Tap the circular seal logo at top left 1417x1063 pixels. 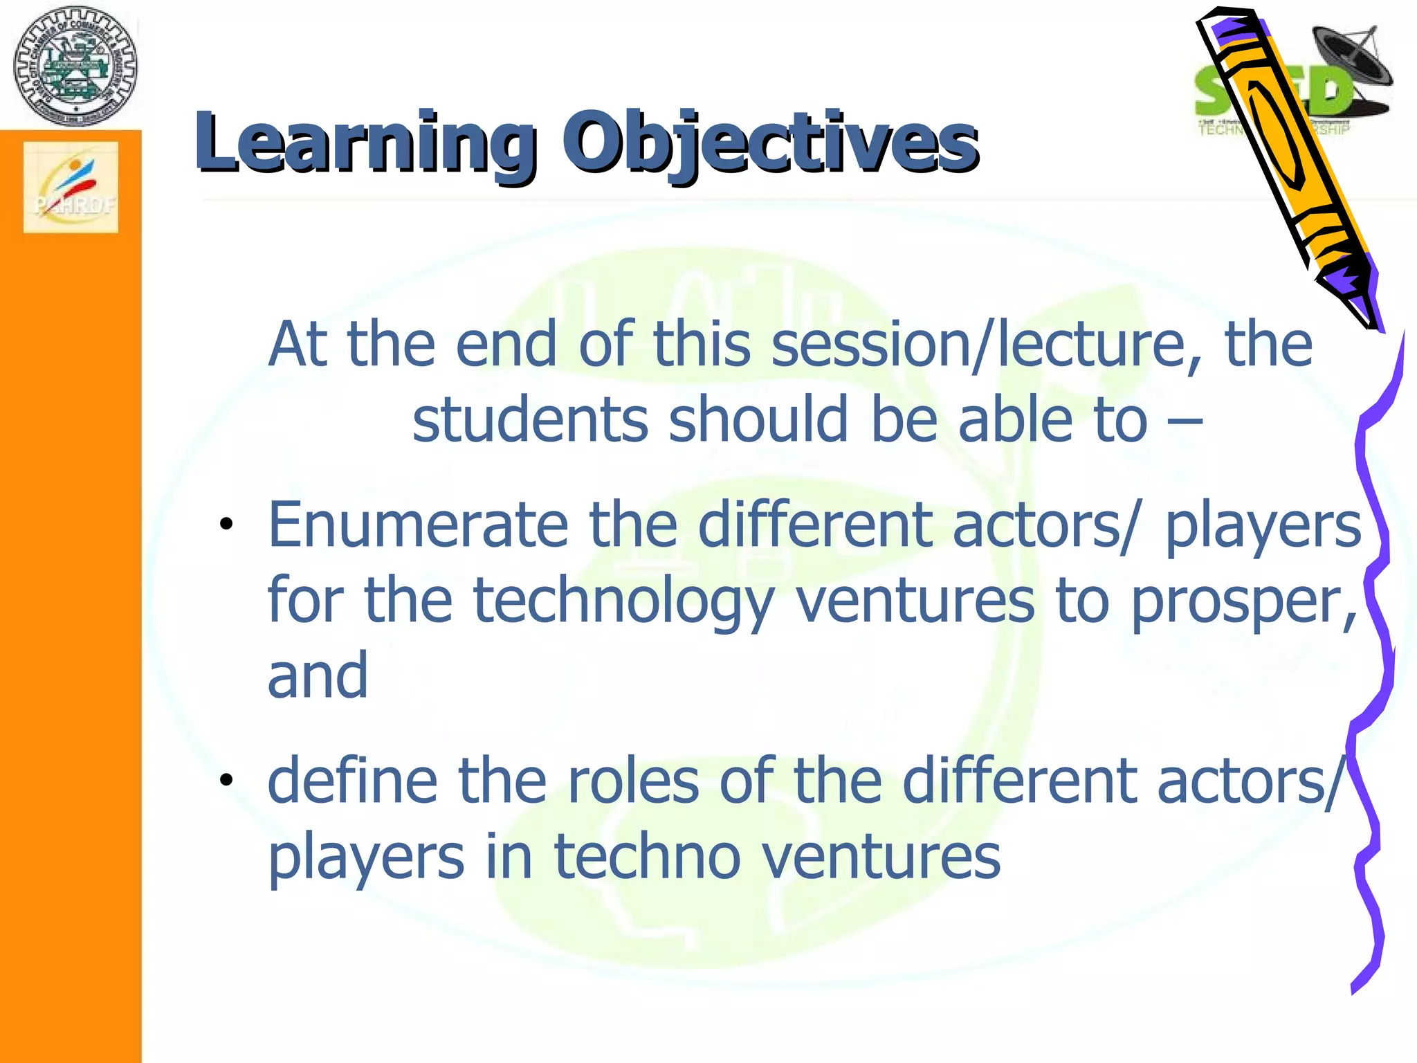[x=75, y=66]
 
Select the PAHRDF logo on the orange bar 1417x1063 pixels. [x=71, y=188]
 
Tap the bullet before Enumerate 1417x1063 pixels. [x=226, y=524]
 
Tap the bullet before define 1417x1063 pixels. [x=226, y=780]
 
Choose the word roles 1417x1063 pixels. [x=632, y=781]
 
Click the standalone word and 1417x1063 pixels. [x=318, y=675]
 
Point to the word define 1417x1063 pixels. [x=352, y=781]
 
